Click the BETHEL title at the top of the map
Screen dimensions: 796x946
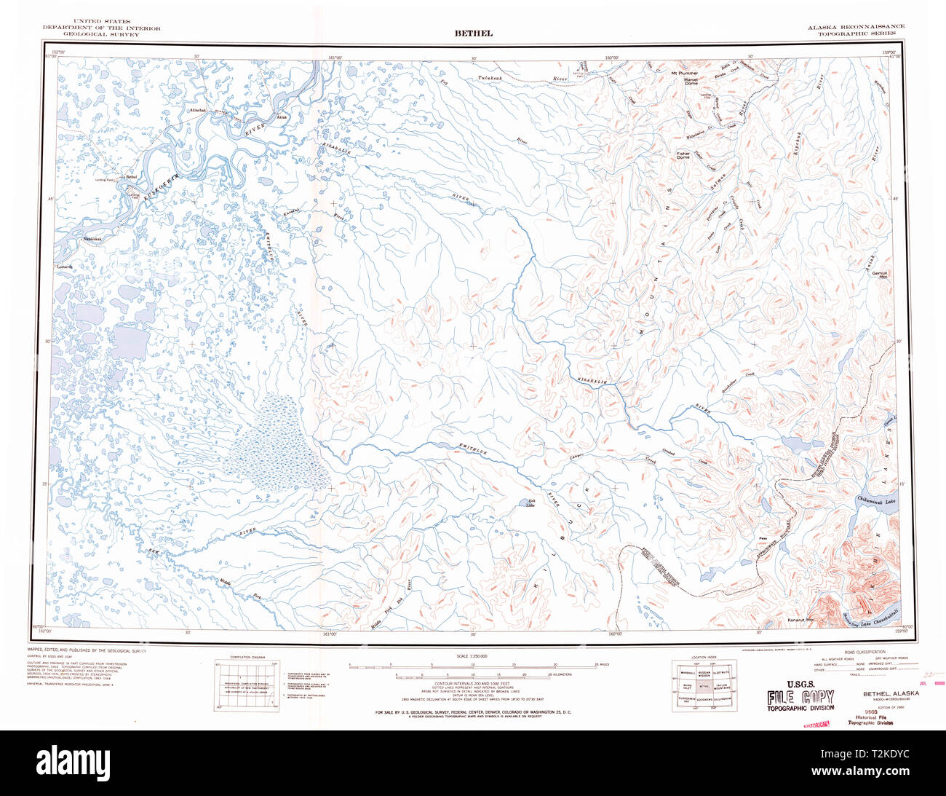click(473, 33)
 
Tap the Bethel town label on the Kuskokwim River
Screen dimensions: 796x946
click(131, 176)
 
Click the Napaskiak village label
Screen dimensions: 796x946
click(95, 239)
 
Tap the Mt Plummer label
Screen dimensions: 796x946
click(684, 74)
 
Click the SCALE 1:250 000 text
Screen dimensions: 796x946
click(473, 656)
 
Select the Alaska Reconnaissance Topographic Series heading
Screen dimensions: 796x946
click(855, 30)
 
